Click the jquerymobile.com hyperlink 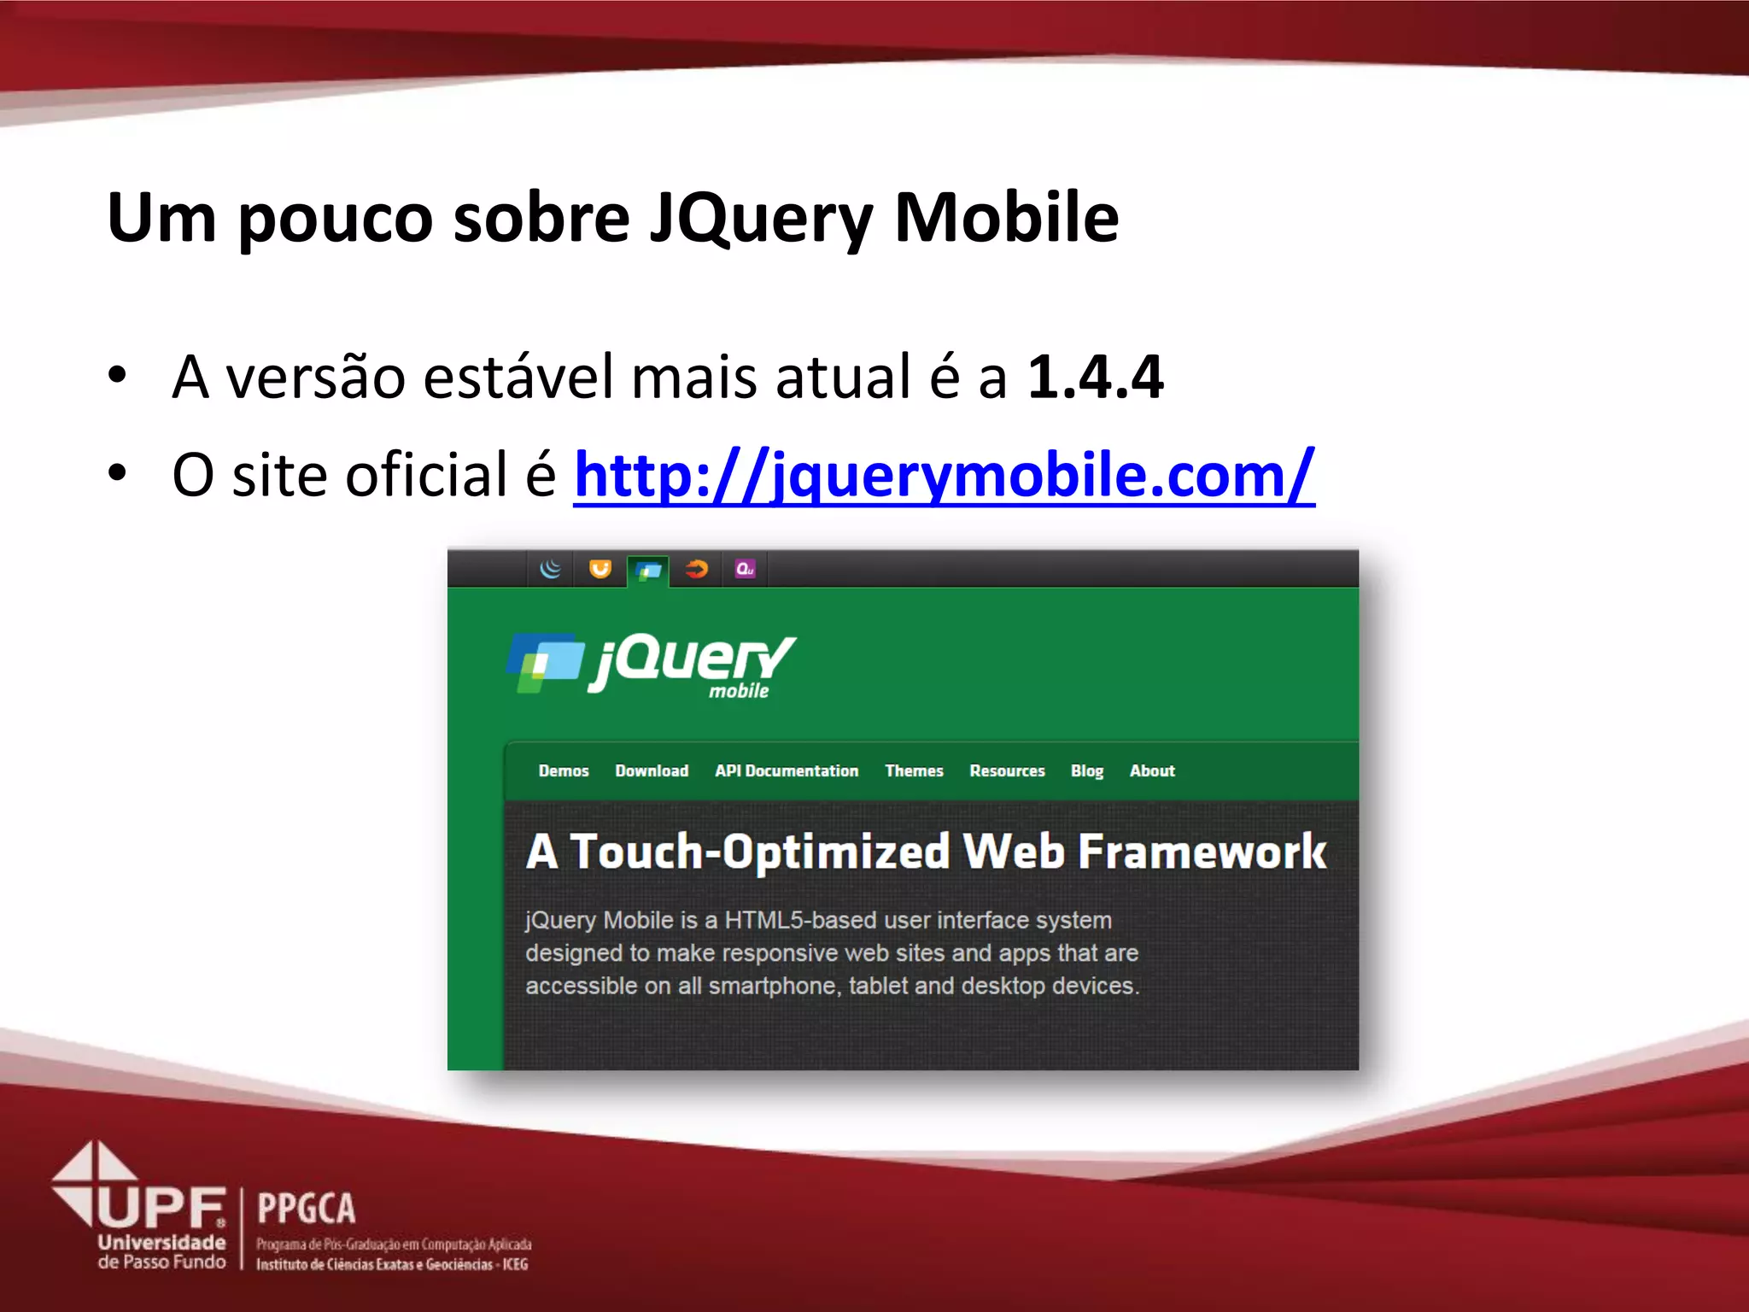[944, 475]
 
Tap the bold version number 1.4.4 [1095, 377]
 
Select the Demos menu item [564, 770]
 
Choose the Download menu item [652, 770]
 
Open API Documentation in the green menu [787, 770]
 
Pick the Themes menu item [914, 770]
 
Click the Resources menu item [1007, 770]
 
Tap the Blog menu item [1087, 770]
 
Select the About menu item [1152, 770]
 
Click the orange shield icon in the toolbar [600, 569]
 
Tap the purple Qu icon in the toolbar [745, 569]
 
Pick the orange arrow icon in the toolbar [697, 569]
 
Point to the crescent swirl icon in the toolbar [552, 569]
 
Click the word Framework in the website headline [1202, 852]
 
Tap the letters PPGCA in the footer [306, 1209]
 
